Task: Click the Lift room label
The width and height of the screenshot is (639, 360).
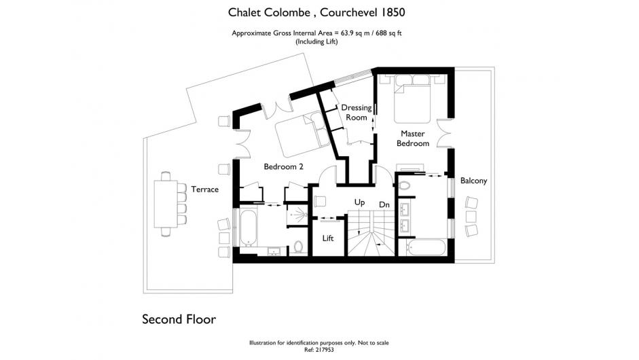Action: (x=328, y=238)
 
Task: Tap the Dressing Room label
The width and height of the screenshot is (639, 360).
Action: (x=357, y=113)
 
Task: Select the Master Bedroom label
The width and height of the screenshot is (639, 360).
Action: (x=413, y=138)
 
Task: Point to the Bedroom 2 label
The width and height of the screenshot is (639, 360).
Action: (x=284, y=166)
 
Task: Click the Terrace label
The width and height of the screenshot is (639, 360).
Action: (x=205, y=190)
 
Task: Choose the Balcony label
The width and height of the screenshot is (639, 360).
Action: (x=473, y=181)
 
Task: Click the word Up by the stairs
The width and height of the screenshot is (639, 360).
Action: (x=359, y=202)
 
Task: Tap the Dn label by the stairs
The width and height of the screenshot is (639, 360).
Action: (x=384, y=204)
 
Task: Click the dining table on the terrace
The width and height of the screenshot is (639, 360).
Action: (x=166, y=204)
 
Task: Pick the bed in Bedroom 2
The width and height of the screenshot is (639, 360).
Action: (x=302, y=134)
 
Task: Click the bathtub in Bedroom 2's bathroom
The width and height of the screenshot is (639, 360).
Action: (x=248, y=228)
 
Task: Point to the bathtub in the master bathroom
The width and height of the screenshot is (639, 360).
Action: (x=426, y=247)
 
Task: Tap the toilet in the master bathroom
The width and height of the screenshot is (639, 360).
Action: (x=404, y=186)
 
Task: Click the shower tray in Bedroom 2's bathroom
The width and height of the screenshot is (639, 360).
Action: (x=297, y=215)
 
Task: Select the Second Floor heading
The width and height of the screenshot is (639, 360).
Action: (x=179, y=319)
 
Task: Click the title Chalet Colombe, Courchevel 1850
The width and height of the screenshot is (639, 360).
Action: (x=316, y=12)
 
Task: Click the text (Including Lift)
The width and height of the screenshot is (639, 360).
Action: (x=316, y=41)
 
